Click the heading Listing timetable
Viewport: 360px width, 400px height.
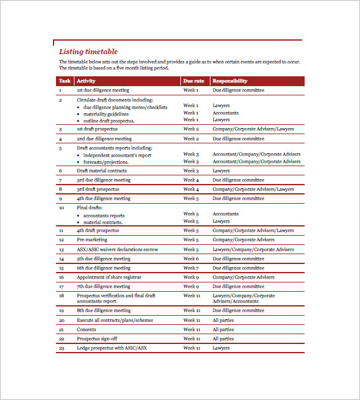tap(88, 52)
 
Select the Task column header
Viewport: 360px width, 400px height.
tap(65, 81)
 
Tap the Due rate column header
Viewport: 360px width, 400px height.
tap(193, 81)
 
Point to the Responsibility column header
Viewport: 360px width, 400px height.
tap(230, 81)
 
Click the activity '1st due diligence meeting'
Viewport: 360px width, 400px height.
tap(103, 90)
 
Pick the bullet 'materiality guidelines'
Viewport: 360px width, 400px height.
tap(106, 114)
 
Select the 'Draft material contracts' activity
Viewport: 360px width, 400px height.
tap(102, 170)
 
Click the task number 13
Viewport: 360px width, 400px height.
tap(62, 249)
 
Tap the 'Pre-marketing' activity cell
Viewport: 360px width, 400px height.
tap(92, 239)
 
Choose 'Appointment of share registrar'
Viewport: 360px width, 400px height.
tap(109, 277)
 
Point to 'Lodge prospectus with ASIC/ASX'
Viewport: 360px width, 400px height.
tap(112, 348)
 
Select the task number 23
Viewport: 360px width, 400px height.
tap(62, 348)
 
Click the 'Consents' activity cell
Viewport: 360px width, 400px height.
tap(87, 329)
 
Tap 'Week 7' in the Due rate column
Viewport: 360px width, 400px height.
tap(191, 268)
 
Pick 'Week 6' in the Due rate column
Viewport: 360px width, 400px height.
tap(191, 258)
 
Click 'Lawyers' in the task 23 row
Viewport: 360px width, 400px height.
tap(221, 348)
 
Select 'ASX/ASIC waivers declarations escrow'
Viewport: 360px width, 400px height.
tap(117, 249)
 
